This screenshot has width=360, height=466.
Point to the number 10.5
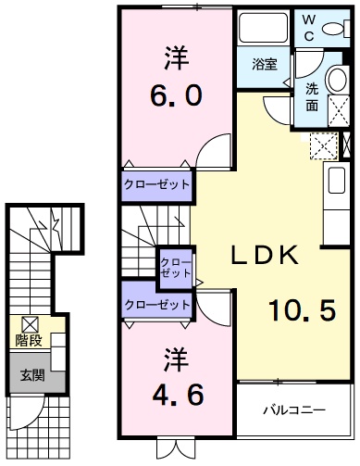[x=301, y=310]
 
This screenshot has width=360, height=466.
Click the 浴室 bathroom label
[x=266, y=64]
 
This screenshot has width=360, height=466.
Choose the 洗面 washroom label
[x=312, y=97]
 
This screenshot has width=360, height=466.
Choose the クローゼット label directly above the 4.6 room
[x=157, y=304]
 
